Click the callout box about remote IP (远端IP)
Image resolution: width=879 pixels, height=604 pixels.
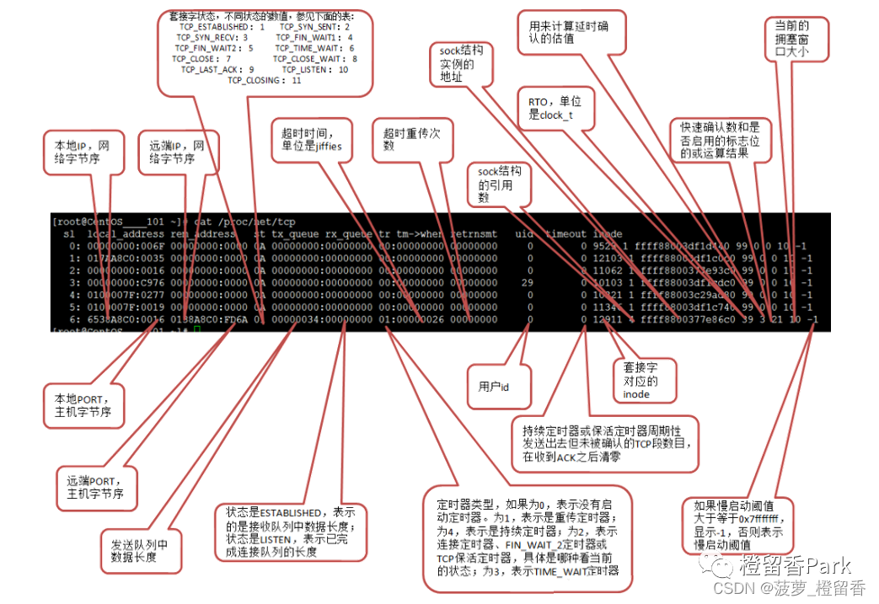tap(178, 152)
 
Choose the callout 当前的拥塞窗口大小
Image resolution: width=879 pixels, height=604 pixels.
tap(797, 40)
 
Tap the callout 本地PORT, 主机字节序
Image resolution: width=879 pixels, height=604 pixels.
tap(83, 404)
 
